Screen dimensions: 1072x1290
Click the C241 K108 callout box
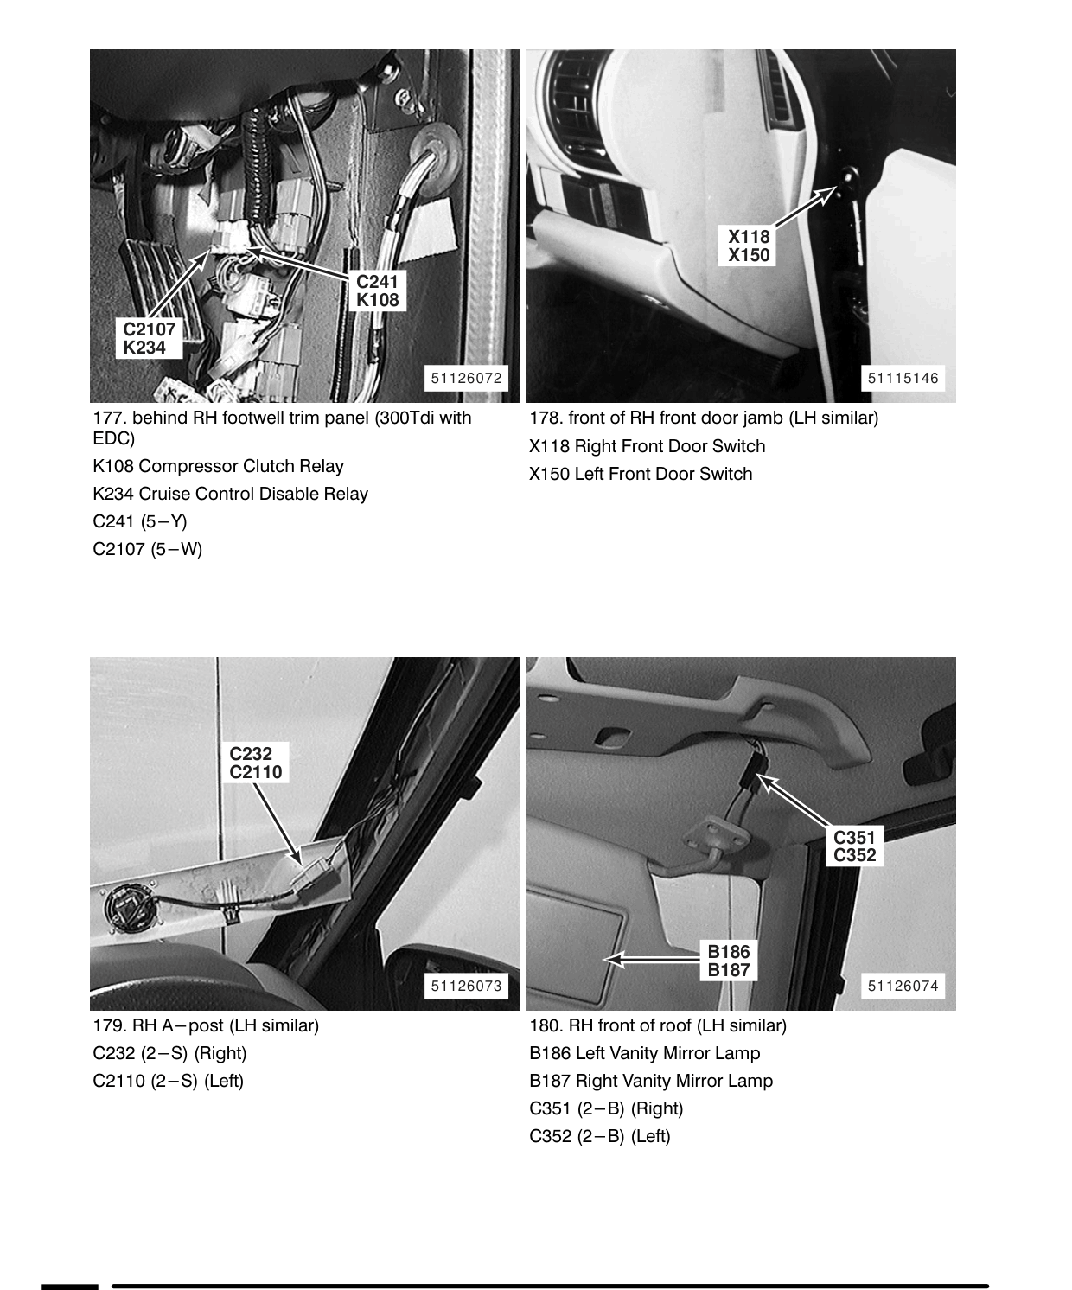pos(378,291)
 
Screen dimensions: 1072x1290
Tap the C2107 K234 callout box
pos(149,338)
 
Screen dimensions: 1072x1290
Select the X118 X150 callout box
pos(748,246)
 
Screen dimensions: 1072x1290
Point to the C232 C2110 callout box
pos(255,763)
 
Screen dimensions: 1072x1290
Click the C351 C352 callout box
pos(854,846)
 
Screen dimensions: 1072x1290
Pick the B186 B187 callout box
pos(729,961)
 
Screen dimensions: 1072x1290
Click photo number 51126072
pos(467,378)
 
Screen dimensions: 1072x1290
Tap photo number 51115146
pos(903,378)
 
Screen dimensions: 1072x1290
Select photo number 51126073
pos(467,986)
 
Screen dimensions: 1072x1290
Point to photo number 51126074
pos(903,986)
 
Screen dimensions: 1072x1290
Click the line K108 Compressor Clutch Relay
pos(218,466)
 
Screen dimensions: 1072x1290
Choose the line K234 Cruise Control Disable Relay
pos(231,495)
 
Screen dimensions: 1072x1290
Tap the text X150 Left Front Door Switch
pos(641,474)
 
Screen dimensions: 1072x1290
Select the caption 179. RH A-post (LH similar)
pos(206,1025)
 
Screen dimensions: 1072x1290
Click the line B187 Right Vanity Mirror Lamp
pos(651,1081)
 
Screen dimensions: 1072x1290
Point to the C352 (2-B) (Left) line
pos(600,1136)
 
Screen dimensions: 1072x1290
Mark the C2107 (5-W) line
pos(148,549)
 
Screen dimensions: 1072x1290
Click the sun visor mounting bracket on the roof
pos(717,838)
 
